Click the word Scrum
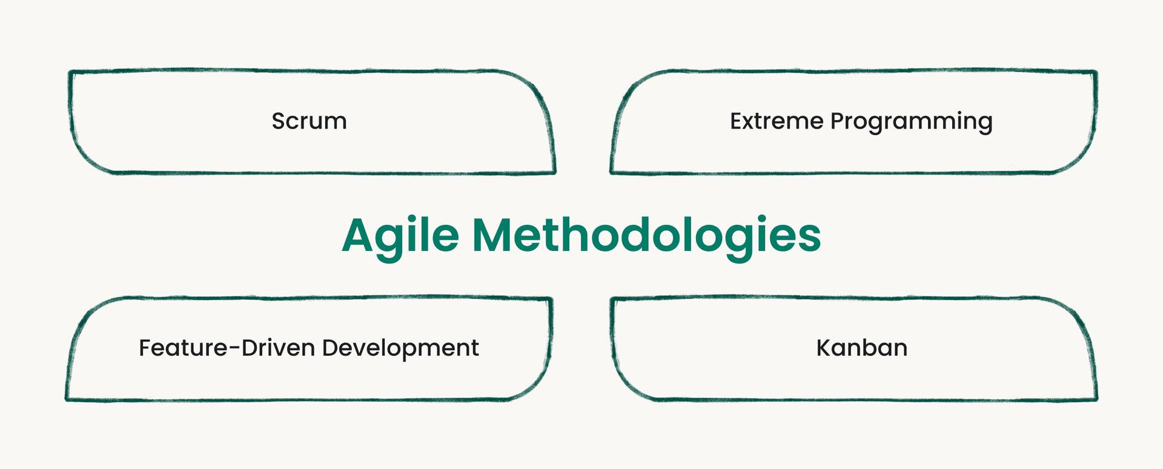pyautogui.click(x=309, y=121)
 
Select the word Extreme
pyautogui.click(x=777, y=121)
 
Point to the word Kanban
pyautogui.click(x=861, y=348)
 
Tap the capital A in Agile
pyautogui.click(x=358, y=235)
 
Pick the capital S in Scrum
pyautogui.click(x=278, y=121)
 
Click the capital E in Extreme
pyautogui.click(x=737, y=121)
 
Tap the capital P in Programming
pyautogui.click(x=838, y=121)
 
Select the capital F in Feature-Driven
pyautogui.click(x=145, y=348)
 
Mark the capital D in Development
pyautogui.click(x=330, y=348)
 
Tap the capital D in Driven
pyautogui.click(x=249, y=348)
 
